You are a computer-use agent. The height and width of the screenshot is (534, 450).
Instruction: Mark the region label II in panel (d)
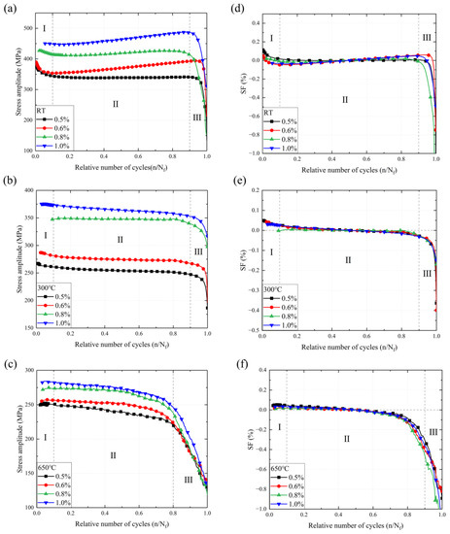tap(342, 99)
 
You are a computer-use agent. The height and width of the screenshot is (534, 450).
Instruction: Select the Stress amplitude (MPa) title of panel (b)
tap(9, 257)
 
